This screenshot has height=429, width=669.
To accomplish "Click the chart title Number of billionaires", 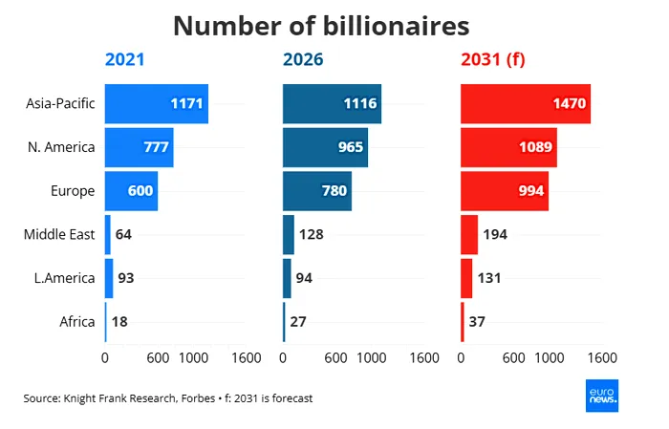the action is [321, 26].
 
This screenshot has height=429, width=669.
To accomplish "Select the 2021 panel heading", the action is [124, 59].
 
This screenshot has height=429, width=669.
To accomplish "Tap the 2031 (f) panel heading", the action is [493, 59].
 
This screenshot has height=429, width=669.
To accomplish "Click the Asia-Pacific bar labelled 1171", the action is [157, 104].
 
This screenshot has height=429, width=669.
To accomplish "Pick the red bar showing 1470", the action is [526, 104].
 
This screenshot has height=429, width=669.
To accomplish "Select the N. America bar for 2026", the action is [325, 147].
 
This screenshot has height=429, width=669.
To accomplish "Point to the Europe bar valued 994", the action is [505, 191].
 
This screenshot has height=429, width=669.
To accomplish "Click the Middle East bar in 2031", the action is [469, 235].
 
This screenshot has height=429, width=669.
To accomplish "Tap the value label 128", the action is [311, 234].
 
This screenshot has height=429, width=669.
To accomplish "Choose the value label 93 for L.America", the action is [126, 278].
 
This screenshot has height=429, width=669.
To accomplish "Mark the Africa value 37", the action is [477, 322].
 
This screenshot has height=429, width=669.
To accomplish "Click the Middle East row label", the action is [59, 234].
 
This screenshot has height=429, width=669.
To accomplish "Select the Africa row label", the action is [77, 322].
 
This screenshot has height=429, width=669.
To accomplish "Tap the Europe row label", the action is [73, 191].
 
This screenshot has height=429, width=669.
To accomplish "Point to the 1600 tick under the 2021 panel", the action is [247, 357].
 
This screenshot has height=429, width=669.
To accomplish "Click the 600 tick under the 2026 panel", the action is [335, 357].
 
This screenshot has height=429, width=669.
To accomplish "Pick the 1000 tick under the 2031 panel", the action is [550, 357].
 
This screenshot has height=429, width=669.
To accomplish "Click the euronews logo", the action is [602, 396].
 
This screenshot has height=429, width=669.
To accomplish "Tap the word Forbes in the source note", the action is [198, 398].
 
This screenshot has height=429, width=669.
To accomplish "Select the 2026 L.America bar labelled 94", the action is [287, 278].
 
